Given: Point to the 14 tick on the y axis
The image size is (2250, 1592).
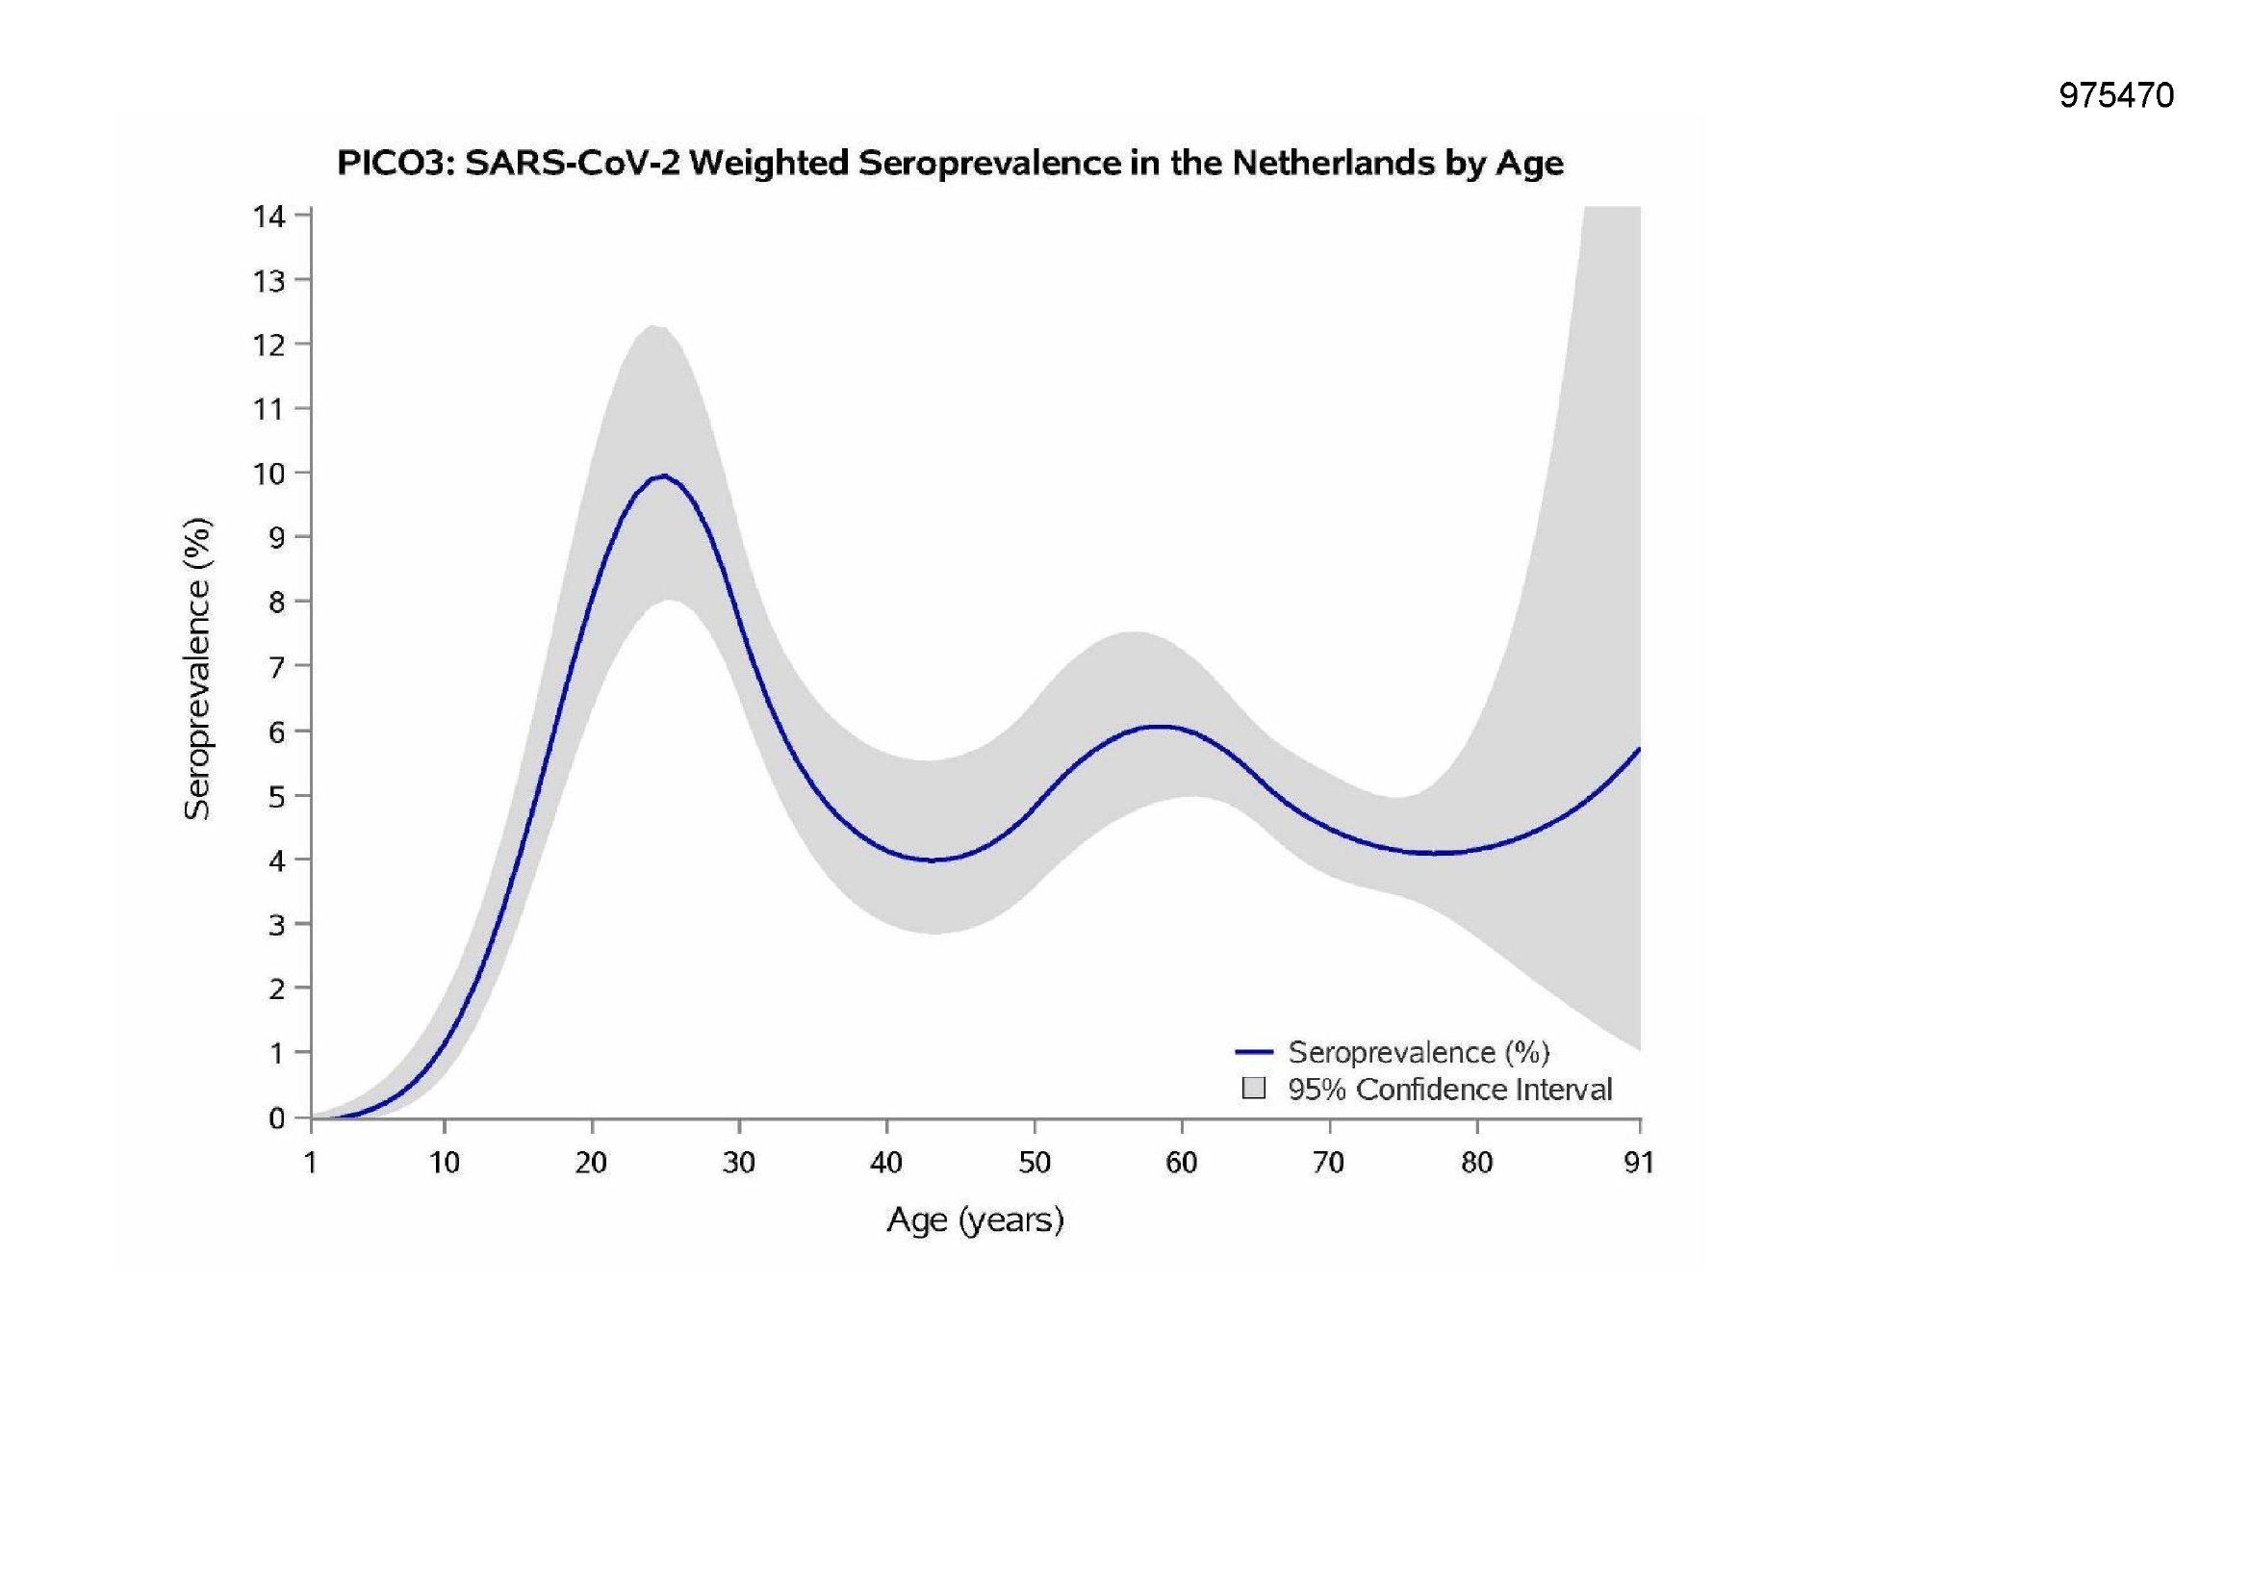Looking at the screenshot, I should tap(269, 216).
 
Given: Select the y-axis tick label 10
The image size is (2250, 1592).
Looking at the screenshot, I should tap(269, 474).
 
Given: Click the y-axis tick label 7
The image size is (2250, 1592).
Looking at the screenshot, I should tap(277, 667).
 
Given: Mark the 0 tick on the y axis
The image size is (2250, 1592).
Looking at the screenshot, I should tap(277, 1118).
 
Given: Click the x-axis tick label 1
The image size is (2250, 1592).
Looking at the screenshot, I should tap(311, 1163).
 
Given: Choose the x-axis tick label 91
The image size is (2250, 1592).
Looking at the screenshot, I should tap(1639, 1163).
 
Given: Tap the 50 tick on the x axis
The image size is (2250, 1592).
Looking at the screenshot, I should tap(1034, 1163).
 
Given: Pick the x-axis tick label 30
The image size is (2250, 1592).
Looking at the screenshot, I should tap(739, 1163).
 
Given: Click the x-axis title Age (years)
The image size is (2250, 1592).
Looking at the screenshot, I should tap(975, 1220).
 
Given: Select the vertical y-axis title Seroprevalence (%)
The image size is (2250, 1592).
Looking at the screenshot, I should tap(197, 668).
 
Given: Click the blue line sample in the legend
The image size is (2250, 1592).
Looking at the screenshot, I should tap(1253, 1052).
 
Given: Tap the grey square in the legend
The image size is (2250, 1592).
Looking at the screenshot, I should tap(1253, 1089).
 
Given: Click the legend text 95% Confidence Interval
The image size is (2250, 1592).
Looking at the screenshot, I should tap(1449, 1090).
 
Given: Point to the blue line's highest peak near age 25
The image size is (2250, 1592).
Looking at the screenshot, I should tap(663, 476).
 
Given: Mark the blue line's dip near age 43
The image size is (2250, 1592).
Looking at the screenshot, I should tap(932, 860).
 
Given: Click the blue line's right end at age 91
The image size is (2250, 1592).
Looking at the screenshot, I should tap(1639, 750).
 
